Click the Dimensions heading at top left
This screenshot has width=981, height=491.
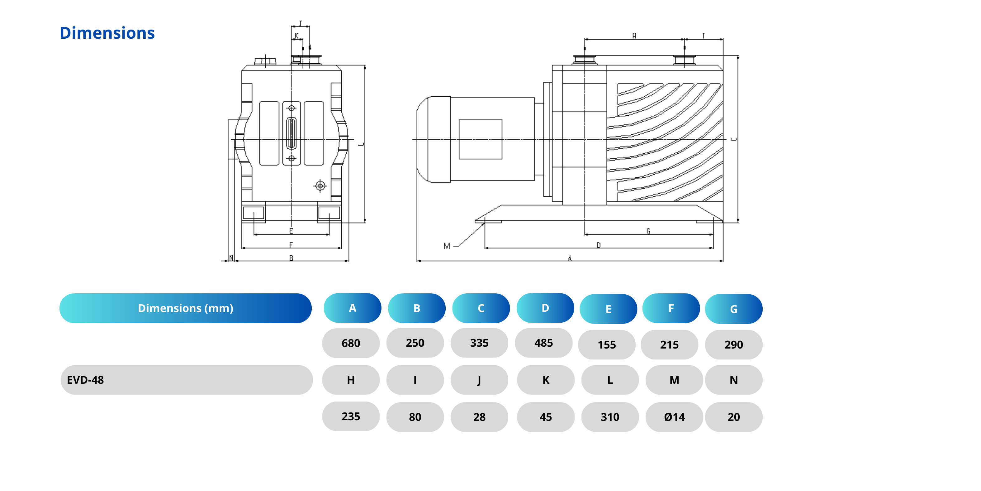click(107, 33)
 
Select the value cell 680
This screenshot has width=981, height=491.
click(351, 343)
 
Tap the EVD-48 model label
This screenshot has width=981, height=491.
click(85, 380)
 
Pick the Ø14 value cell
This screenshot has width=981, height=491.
click(674, 417)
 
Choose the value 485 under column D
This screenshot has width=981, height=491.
click(543, 343)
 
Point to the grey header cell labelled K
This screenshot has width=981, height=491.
click(546, 380)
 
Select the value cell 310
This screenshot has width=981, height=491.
click(610, 417)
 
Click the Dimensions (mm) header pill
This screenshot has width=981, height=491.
click(186, 308)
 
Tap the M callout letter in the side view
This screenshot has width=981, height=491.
click(447, 246)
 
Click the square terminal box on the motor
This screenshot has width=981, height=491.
click(480, 140)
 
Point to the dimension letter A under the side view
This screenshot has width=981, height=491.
click(570, 258)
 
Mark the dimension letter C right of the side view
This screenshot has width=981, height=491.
click(734, 140)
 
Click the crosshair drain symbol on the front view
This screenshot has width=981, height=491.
click(320, 186)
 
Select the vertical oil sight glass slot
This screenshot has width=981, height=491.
click(291, 133)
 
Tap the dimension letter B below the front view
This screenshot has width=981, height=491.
click(291, 258)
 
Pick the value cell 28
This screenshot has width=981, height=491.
click(479, 417)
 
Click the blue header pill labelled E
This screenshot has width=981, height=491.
click(608, 309)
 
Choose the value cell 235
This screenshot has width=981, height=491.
click(351, 416)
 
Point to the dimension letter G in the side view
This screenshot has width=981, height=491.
click(648, 231)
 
